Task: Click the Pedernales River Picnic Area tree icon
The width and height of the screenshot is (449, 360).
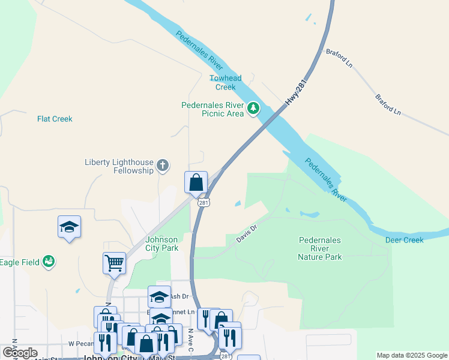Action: pos(254,108)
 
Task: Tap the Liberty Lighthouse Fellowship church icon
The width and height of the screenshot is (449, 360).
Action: pos(162,165)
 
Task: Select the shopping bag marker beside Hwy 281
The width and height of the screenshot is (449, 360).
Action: pos(196,182)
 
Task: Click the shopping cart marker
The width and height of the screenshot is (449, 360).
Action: pos(114,263)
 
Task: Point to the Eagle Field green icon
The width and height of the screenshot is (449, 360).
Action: pos(49,261)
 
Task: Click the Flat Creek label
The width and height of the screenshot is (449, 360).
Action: pos(55,119)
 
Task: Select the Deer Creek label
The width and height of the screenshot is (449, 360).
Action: pos(404,240)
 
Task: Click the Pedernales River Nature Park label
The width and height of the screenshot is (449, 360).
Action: pos(320,248)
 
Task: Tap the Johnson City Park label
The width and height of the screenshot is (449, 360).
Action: pos(162,244)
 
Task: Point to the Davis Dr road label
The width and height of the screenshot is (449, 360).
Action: pos(246,233)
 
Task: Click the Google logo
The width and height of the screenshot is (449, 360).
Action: pos(20,353)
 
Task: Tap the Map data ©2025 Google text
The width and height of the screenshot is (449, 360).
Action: pos(412,355)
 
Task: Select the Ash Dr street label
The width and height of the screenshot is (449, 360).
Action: pos(179,296)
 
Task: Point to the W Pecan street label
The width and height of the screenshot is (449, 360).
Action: pos(79,344)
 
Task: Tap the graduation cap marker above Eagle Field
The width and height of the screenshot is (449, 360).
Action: pos(69,227)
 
